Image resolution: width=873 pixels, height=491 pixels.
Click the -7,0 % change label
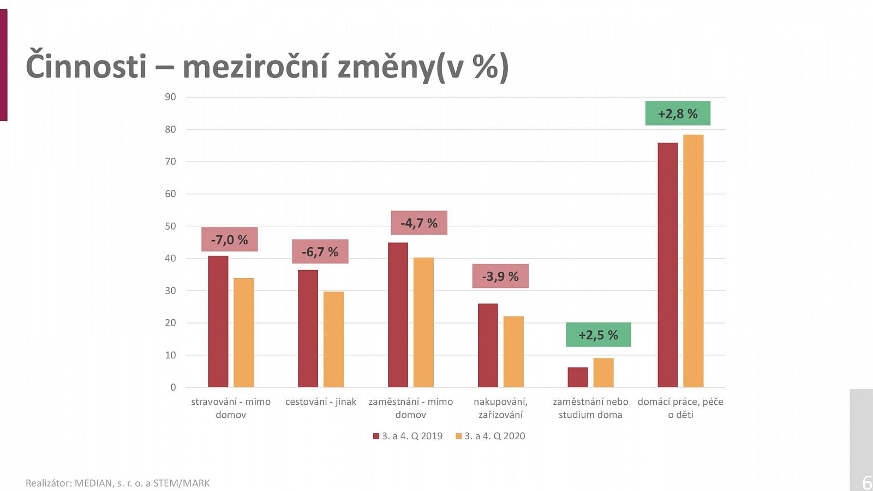(229, 239)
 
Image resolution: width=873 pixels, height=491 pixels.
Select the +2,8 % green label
(678, 113)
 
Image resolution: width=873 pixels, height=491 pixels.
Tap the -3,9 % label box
(500, 276)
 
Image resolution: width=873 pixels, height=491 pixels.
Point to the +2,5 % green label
(598, 335)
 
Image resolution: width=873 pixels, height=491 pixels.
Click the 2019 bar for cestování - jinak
(308, 328)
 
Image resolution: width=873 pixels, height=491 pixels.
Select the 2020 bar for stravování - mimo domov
(243, 333)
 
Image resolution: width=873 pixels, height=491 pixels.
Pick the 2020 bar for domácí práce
(693, 261)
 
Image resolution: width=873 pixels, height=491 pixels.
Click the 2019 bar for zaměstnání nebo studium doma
(578, 377)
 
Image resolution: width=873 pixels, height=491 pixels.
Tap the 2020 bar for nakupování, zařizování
(513, 352)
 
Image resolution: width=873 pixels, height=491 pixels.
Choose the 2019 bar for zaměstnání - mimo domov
(398, 315)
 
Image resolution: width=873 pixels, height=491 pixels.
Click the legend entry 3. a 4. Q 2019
(408, 436)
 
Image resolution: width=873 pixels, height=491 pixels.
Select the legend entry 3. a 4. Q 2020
(491, 436)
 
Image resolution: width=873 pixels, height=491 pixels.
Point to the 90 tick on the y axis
(170, 97)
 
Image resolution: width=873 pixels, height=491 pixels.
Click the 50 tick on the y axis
(170, 226)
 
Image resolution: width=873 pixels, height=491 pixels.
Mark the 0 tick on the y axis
(173, 387)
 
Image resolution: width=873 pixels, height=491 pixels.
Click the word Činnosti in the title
(86, 67)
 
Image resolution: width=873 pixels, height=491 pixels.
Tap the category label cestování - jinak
(320, 402)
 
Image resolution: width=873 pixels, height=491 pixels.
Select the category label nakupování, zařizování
(500, 408)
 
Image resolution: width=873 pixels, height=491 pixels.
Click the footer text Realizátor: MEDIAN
(117, 483)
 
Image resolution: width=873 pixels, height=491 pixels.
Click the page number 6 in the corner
(866, 482)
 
